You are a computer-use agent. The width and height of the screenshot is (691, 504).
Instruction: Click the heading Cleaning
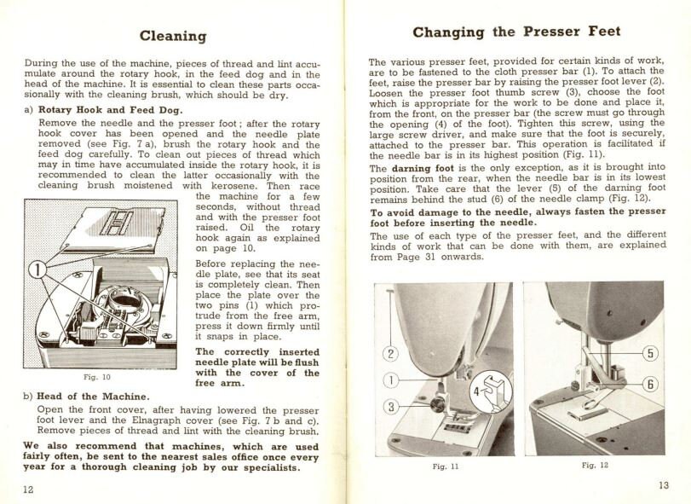tap(173, 36)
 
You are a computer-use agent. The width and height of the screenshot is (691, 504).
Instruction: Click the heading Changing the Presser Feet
tap(516, 32)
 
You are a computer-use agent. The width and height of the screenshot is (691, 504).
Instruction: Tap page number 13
tap(664, 485)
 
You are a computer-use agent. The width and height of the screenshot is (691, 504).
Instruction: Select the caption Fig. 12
tap(595, 466)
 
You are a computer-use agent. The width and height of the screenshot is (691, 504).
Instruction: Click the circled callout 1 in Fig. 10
tap(36, 272)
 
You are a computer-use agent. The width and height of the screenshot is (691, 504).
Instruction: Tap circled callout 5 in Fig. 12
tap(651, 353)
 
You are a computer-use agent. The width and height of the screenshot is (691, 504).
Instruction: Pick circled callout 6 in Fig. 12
tap(651, 385)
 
